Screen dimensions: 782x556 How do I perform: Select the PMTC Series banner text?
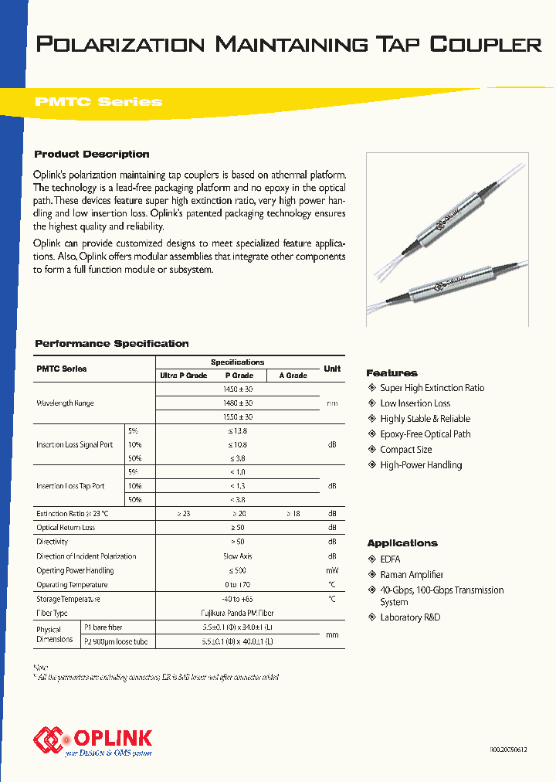pyautogui.click(x=98, y=102)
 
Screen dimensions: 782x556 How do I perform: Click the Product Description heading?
pyautogui.click(x=92, y=155)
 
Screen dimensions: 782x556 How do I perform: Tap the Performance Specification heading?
pyautogui.click(x=112, y=344)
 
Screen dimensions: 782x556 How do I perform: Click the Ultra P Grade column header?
pyautogui.click(x=183, y=376)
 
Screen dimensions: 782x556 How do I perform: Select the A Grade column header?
pyautogui.click(x=293, y=376)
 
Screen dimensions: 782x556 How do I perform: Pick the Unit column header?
pyautogui.click(x=332, y=369)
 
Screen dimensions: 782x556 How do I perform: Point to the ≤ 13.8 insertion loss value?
pyautogui.click(x=237, y=430)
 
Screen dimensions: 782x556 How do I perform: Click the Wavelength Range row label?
pyautogui.click(x=65, y=403)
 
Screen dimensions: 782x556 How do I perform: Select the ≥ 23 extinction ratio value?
pyautogui.click(x=183, y=514)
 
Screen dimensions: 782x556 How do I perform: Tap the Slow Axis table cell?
pyautogui.click(x=237, y=556)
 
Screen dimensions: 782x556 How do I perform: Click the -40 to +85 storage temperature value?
pyautogui.click(x=237, y=599)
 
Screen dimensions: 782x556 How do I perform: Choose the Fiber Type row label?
pyautogui.click(x=53, y=613)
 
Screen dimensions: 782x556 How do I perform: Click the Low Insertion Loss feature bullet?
pyautogui.click(x=415, y=403)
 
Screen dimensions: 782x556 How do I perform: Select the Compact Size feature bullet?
pyautogui.click(x=405, y=450)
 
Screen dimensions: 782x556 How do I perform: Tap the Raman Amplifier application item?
pyautogui.click(x=412, y=575)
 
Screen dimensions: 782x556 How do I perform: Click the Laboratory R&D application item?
pyautogui.click(x=411, y=617)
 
